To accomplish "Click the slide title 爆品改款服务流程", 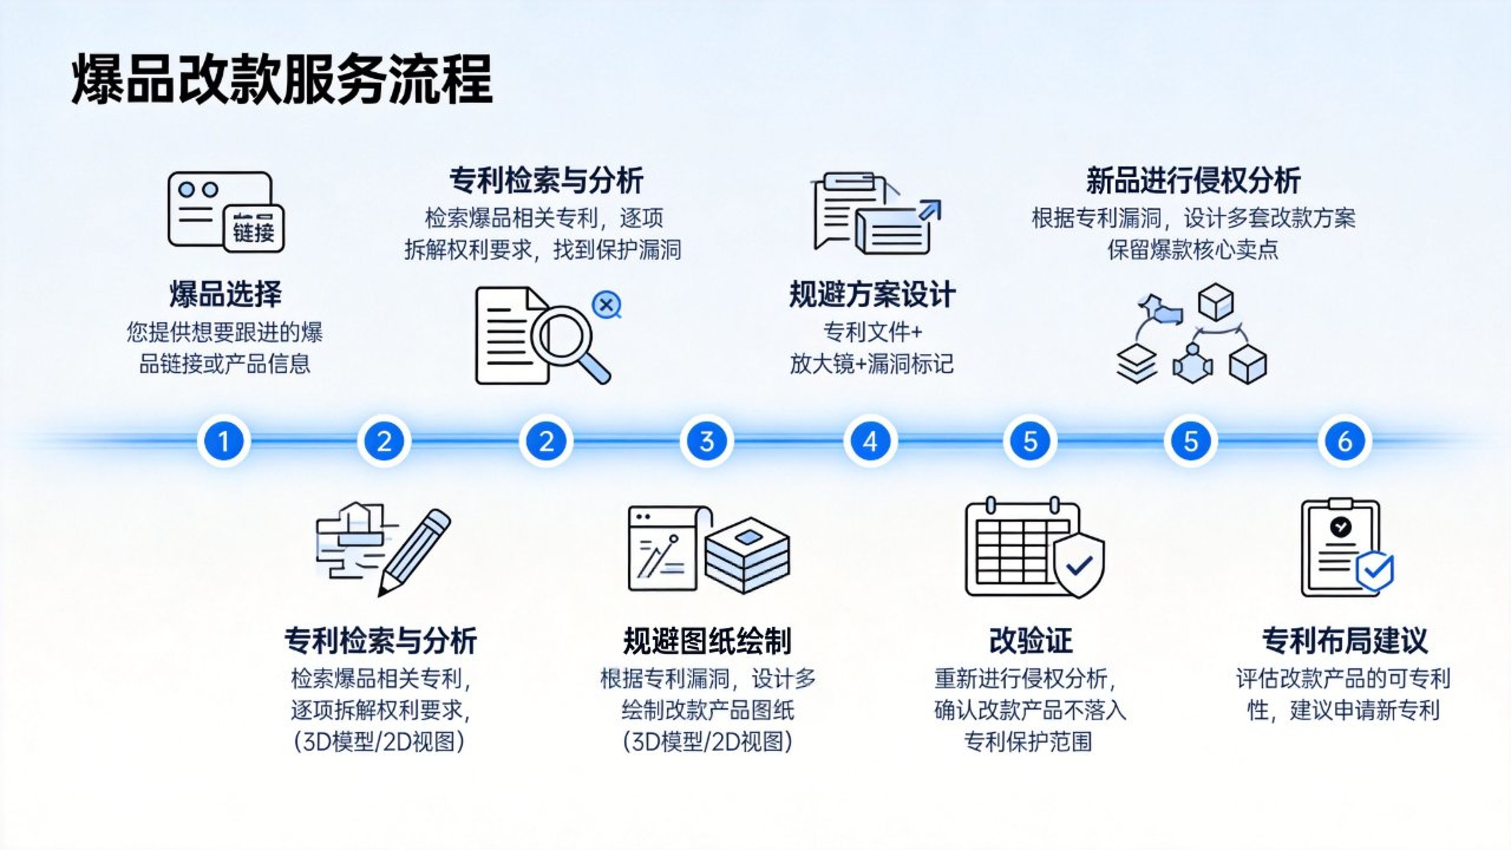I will click(282, 79).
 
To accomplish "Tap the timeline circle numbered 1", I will click(223, 441).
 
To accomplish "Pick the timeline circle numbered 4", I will click(870, 441).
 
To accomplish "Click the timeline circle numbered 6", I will click(1345, 441).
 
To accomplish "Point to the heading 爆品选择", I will click(225, 294).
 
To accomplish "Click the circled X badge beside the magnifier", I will click(607, 305).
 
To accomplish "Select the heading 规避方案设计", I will click(872, 294).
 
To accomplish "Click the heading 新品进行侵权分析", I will click(1193, 180).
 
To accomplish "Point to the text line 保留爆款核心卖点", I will click(1193, 250).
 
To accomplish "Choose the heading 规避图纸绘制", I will click(707, 641).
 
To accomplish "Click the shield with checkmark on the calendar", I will click(1078, 565).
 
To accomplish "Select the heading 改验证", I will click(1031, 641).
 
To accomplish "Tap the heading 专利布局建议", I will click(1345, 641).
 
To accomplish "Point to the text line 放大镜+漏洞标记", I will click(872, 364).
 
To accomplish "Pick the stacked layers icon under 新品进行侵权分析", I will click(1136, 364).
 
